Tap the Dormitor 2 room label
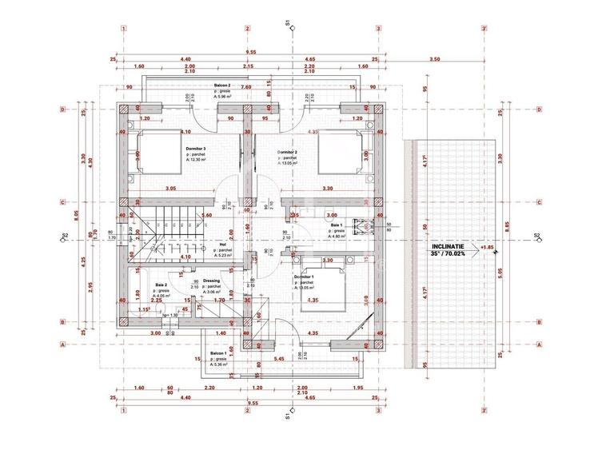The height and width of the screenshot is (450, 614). click(x=288, y=152)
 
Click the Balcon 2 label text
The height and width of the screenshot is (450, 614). click(x=222, y=85)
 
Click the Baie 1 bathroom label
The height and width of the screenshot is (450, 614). click(x=338, y=225)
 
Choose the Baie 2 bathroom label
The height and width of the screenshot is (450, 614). click(x=162, y=285)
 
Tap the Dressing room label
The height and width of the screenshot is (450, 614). click(x=211, y=281)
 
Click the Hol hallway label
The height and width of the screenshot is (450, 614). click(x=222, y=245)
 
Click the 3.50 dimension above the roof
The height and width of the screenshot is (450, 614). click(x=434, y=59)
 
